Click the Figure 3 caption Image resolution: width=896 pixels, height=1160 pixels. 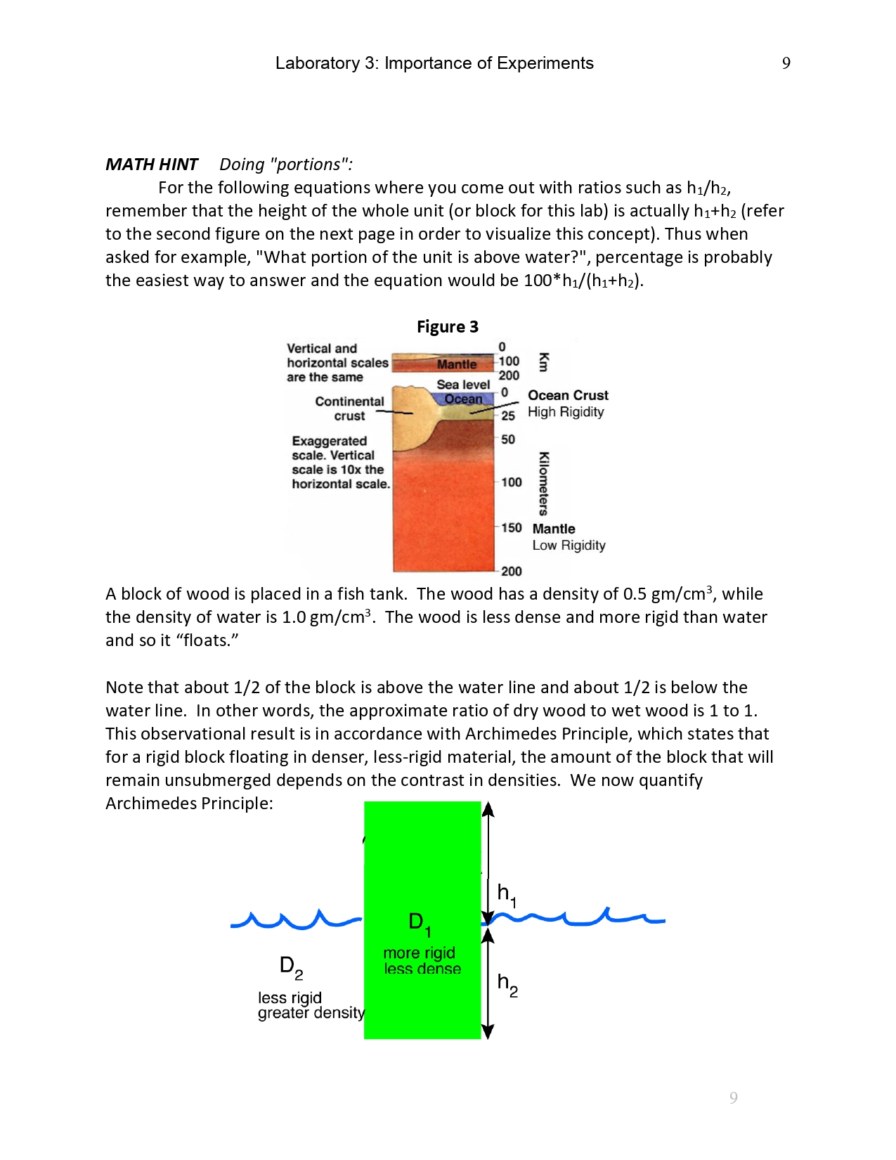[x=447, y=327]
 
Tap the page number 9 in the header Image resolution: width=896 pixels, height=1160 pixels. [x=786, y=63]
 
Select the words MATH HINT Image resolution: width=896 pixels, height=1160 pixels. [x=152, y=165]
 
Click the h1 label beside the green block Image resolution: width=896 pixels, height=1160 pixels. [x=506, y=894]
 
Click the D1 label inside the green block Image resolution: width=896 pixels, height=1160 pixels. [x=419, y=923]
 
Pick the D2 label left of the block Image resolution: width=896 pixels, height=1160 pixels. [x=291, y=967]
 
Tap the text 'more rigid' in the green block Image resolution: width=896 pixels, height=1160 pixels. [x=419, y=953]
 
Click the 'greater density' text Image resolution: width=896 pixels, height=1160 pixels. [x=311, y=1013]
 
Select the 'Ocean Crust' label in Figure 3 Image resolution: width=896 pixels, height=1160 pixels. [x=568, y=395]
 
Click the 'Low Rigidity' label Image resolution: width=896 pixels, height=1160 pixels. [x=569, y=546]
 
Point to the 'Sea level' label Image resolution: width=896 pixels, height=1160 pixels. [x=463, y=385]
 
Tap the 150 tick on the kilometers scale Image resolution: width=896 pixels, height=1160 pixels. [x=512, y=528]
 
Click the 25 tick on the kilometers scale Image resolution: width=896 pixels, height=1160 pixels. [x=508, y=415]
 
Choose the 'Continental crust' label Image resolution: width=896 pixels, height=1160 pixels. [x=349, y=408]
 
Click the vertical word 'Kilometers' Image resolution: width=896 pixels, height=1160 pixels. [x=543, y=484]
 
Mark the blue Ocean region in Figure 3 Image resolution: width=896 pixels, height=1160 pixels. [x=463, y=399]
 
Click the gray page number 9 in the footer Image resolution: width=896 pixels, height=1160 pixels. [x=733, y=1098]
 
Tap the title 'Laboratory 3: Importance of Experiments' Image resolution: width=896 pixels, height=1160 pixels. [x=434, y=63]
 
